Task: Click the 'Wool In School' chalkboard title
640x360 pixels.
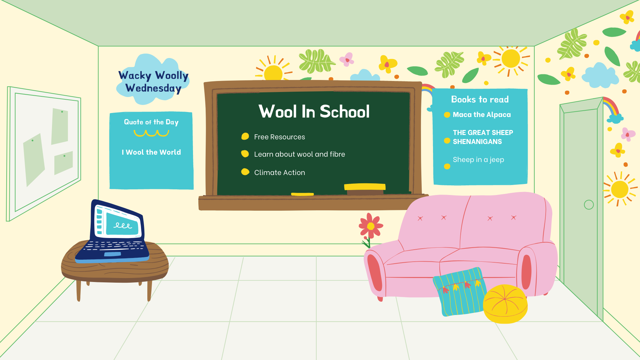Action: click(314, 111)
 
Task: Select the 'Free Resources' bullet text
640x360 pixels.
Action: click(279, 137)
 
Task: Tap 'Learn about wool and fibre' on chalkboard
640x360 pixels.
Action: click(299, 154)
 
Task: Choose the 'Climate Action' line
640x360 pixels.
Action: click(279, 173)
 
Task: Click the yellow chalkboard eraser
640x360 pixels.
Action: click(365, 187)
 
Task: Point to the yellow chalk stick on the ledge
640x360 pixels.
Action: click(302, 194)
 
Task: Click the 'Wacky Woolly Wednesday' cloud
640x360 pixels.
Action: click(153, 81)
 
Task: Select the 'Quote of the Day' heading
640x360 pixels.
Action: click(151, 122)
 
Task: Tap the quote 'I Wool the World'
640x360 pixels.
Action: click(151, 152)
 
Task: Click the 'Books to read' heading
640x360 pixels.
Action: click(480, 99)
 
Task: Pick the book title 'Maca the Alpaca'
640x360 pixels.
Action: click(482, 115)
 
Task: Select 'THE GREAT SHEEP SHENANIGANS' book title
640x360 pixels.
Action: click(483, 137)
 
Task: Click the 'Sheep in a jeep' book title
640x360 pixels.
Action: click(478, 160)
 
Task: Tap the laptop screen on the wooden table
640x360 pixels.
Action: click(121, 223)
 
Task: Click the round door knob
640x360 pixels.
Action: click(589, 205)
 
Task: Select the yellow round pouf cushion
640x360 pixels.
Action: click(505, 304)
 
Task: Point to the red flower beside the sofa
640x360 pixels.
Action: click(371, 226)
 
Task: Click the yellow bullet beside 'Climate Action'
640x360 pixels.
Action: click(245, 172)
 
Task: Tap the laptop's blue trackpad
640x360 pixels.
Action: click(112, 254)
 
